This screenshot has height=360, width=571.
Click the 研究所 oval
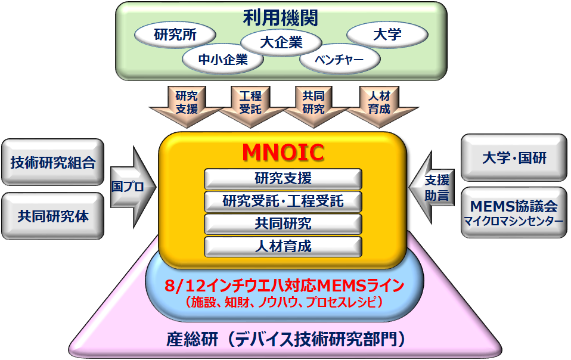tap(175, 35)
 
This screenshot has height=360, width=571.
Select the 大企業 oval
tap(281, 42)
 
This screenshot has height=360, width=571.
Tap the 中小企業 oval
tap(223, 60)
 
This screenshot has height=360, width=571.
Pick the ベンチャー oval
tap(340, 60)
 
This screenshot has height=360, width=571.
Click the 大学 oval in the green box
tap(387, 35)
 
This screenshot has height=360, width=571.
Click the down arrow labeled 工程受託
tap(250, 106)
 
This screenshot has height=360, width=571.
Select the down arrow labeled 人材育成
tap(379, 106)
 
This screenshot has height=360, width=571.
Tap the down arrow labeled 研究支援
tap(187, 106)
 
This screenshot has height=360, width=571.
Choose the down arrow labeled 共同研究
tap(314, 106)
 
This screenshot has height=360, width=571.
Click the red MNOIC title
tap(283, 152)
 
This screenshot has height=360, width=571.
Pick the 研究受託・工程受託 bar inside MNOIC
tap(283, 201)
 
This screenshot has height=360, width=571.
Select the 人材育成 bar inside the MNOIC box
tap(283, 246)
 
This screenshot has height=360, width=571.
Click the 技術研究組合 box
tap(53, 162)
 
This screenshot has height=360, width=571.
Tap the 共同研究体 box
tap(53, 216)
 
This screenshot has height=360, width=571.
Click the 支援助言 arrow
tap(432, 188)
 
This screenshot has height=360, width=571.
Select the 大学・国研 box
tap(514, 157)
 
